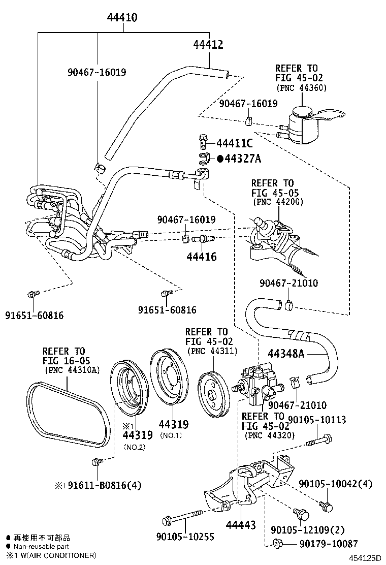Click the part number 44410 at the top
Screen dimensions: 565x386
(122, 18)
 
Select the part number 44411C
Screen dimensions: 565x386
(234, 143)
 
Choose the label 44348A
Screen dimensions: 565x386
(286, 354)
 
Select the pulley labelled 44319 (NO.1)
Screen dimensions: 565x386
(168, 377)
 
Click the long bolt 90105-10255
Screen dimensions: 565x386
(183, 520)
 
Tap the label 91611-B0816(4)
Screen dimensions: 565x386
(98, 485)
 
